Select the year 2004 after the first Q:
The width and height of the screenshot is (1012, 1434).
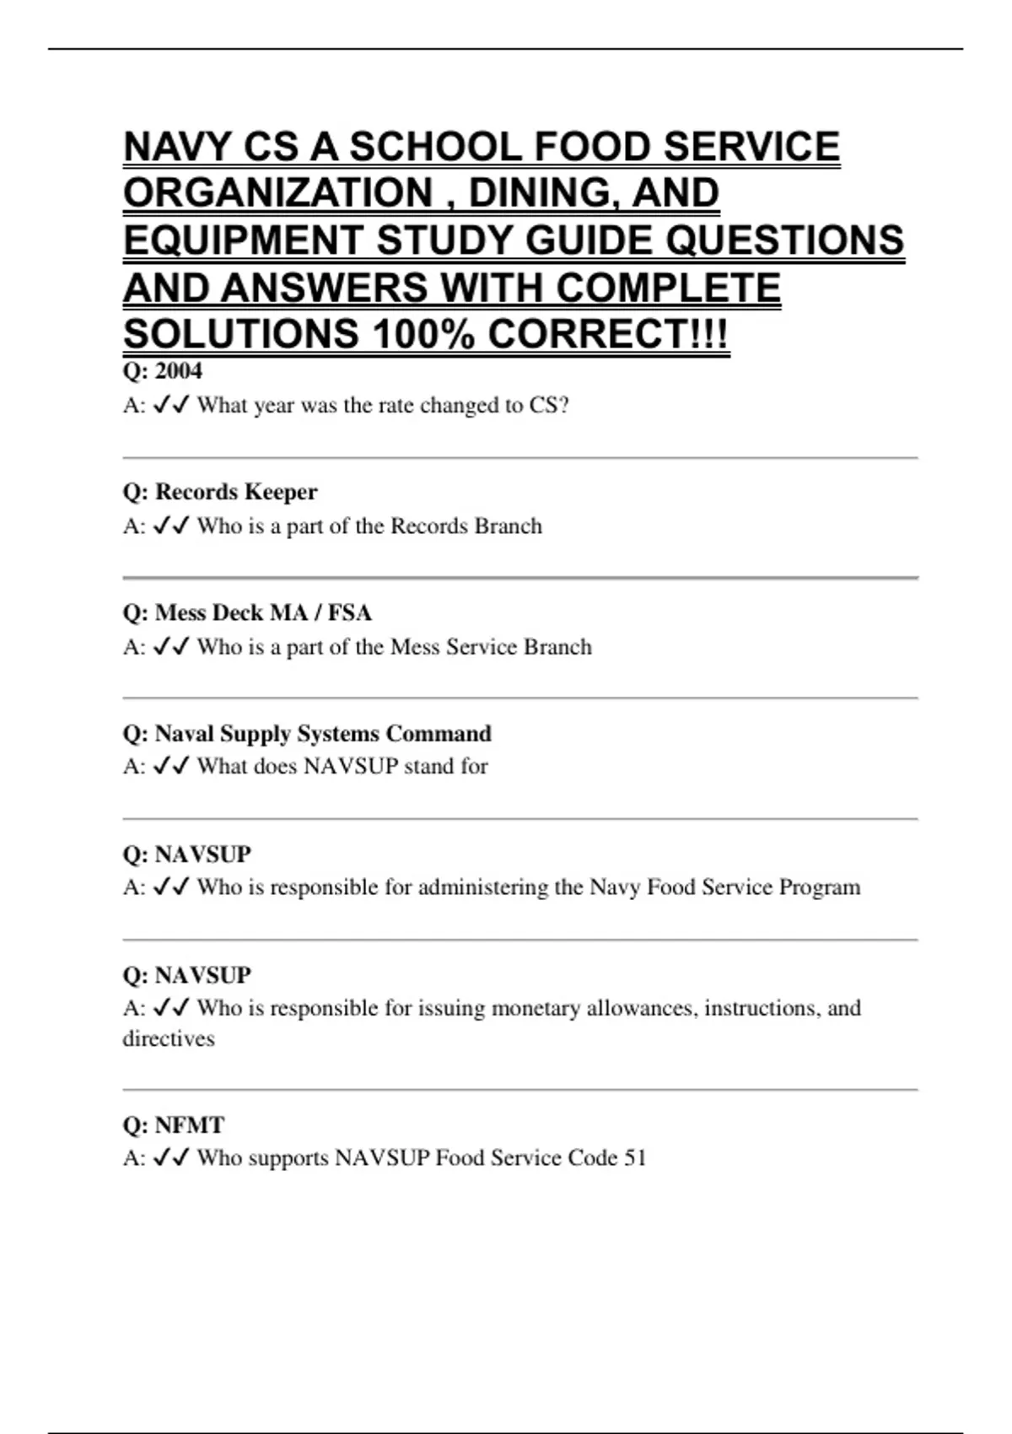(x=179, y=370)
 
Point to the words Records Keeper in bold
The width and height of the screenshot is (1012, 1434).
(x=236, y=492)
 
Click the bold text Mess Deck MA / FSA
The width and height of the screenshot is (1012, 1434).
(x=263, y=612)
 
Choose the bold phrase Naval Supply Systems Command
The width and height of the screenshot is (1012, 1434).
(x=323, y=733)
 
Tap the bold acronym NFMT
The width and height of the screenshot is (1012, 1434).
(x=190, y=1125)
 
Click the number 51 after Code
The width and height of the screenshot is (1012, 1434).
(x=635, y=1157)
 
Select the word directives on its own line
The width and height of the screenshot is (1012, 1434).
(x=169, y=1038)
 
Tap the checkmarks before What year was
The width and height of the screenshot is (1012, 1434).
(x=171, y=405)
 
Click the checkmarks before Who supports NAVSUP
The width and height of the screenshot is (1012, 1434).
(x=171, y=1157)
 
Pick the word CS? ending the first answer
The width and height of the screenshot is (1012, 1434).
(x=549, y=405)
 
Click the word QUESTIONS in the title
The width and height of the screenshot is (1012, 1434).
(x=785, y=240)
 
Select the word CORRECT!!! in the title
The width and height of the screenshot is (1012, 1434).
(x=607, y=334)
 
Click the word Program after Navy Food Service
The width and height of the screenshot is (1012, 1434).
(x=820, y=887)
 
